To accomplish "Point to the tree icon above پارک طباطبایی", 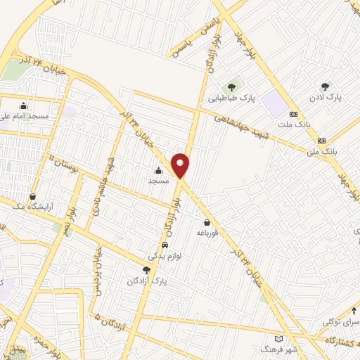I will [x=231, y=87].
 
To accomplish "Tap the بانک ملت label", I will [x=293, y=124].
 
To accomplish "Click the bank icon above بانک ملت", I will [x=293, y=114].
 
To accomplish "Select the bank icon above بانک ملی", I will [x=322, y=140].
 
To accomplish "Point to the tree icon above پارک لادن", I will [x=324, y=86].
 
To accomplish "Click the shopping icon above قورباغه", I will [x=206, y=223].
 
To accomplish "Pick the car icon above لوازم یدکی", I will [x=165, y=245].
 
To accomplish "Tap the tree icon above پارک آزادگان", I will [x=146, y=270].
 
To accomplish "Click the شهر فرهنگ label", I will [x=279, y=349].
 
